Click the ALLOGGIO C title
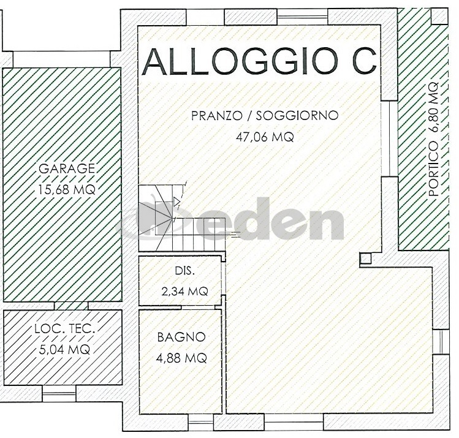(x=259, y=61)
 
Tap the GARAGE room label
(x=67, y=169)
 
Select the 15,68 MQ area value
(x=67, y=189)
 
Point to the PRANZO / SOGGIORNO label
(x=265, y=115)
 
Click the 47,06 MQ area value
(x=265, y=137)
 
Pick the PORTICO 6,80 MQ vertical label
(x=433, y=139)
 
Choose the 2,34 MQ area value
(x=184, y=291)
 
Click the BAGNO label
(x=181, y=337)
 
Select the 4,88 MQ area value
(x=181, y=358)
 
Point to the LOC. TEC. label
(x=65, y=329)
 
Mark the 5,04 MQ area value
(x=64, y=349)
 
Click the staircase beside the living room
(x=181, y=218)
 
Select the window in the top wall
(x=302, y=17)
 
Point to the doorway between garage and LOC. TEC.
(x=71, y=306)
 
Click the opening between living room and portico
(x=390, y=138)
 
